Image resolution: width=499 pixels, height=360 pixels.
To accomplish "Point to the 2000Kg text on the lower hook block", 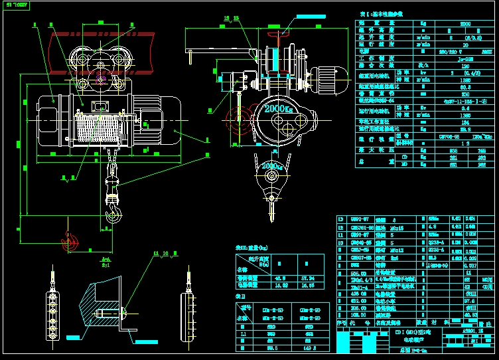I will tap(271, 165).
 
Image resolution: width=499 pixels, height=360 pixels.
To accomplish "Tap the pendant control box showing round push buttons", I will tap(52, 314).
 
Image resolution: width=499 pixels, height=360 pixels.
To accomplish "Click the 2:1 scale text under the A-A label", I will tap(105, 264).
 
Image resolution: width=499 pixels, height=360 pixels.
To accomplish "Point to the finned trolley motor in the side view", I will tap(328, 80).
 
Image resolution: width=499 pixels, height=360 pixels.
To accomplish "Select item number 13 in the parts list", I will tap(341, 219).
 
